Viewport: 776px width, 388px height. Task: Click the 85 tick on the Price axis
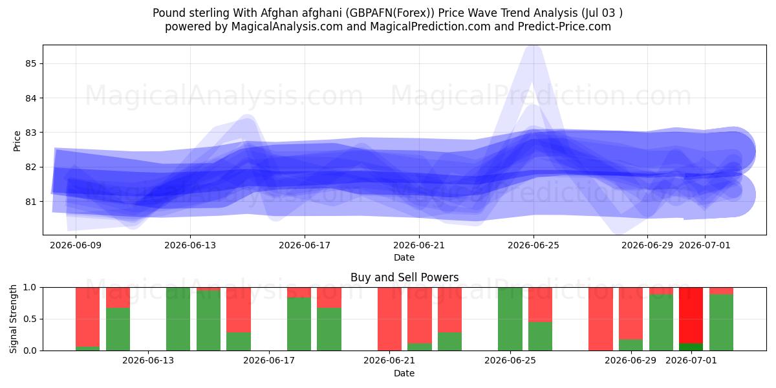tap(30, 64)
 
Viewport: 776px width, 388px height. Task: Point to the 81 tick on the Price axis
tap(30, 202)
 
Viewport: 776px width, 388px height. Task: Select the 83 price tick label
tap(30, 133)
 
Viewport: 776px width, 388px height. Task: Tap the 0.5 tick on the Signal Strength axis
tap(30, 319)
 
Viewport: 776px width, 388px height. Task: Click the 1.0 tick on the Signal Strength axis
tap(30, 288)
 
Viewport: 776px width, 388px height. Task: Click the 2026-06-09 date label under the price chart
tap(76, 245)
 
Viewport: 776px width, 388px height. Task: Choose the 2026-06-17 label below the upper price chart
tap(305, 245)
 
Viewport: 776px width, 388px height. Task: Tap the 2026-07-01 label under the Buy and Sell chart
tap(691, 360)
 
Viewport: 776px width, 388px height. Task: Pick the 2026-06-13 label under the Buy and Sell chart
tap(148, 360)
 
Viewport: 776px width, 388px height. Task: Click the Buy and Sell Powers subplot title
tap(404, 277)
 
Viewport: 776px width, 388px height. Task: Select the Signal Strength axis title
tap(13, 319)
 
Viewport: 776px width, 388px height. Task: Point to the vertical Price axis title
tap(17, 141)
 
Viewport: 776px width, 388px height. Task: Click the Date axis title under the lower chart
tap(404, 373)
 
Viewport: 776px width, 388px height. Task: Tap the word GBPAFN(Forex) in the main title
tap(390, 13)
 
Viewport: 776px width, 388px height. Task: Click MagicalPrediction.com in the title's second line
tap(430, 27)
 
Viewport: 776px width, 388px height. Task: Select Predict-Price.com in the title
tap(565, 27)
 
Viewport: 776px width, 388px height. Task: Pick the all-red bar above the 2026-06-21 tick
tap(389, 319)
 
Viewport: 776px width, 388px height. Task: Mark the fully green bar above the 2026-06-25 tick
tap(510, 319)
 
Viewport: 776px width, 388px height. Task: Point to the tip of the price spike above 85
tap(533, 47)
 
